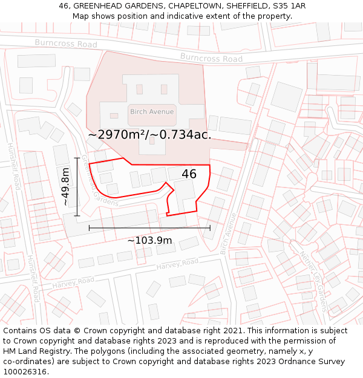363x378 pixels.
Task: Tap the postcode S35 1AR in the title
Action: [x=288, y=6]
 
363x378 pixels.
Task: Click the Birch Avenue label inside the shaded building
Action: [x=152, y=111]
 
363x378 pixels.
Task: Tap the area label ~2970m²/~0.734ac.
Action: [x=149, y=135]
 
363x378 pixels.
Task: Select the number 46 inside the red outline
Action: [x=189, y=174]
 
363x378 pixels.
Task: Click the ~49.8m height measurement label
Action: [x=66, y=187]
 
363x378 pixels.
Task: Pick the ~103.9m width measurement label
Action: [x=149, y=240]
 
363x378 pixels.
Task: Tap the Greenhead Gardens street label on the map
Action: [x=100, y=180]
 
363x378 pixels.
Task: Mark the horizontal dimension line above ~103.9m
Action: [x=149, y=228]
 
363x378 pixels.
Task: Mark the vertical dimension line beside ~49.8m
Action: [x=77, y=187]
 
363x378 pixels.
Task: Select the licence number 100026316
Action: [x=26, y=372]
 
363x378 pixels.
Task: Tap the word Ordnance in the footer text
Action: [x=298, y=362]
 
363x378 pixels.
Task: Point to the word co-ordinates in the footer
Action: [x=27, y=362]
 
